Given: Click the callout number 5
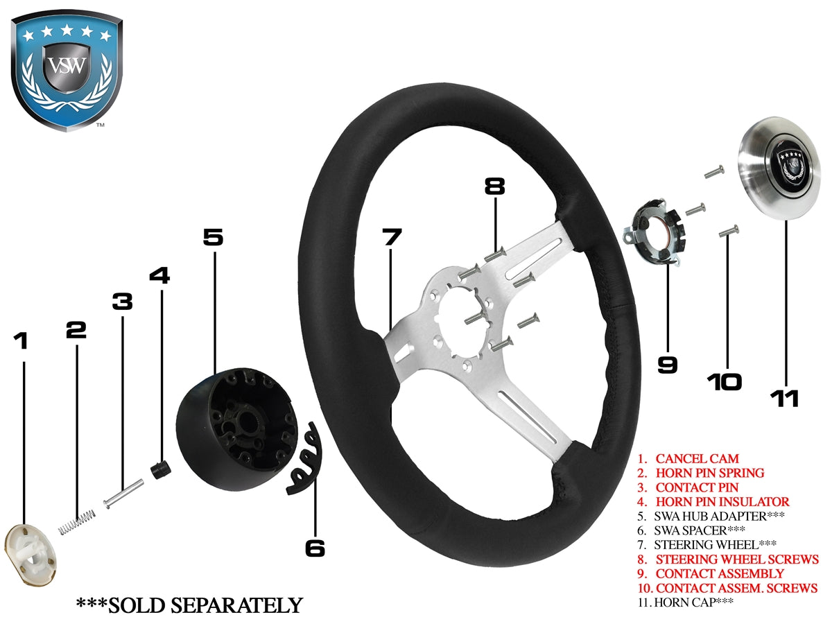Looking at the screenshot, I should tap(213, 237).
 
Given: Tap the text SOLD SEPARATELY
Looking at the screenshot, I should tap(189, 605).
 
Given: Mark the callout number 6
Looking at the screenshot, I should tap(315, 548).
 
